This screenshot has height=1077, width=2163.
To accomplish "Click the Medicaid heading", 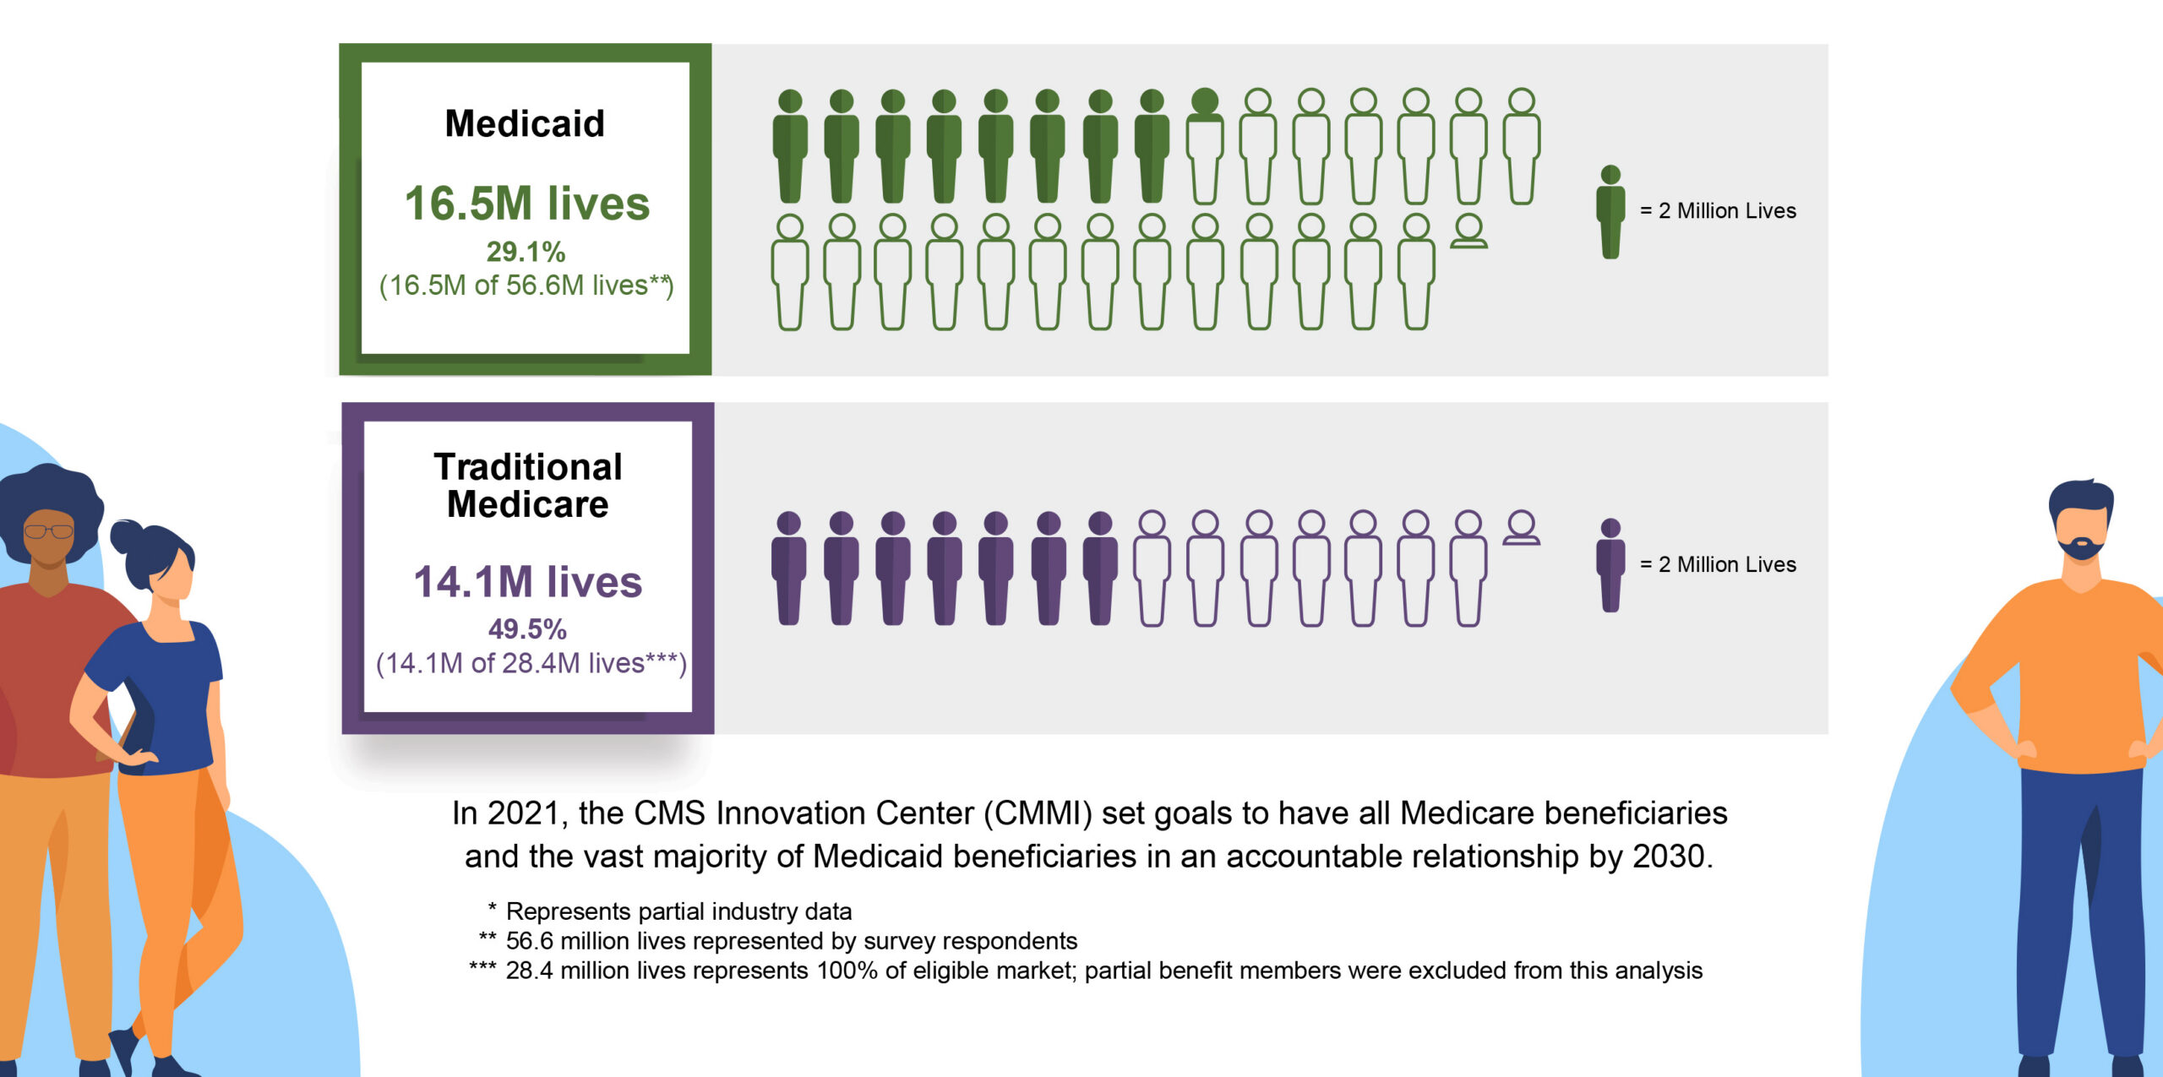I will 525,124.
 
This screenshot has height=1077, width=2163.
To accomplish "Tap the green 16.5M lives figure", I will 527,204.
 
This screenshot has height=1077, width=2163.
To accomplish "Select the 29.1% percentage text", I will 526,252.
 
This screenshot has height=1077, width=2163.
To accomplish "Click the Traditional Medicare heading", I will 528,486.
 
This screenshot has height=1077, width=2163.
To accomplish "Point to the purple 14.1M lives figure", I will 528,582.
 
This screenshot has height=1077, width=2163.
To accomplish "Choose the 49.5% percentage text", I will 527,629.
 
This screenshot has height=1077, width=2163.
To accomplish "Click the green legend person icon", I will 1610,211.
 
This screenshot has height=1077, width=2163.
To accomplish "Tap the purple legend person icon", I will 1610,565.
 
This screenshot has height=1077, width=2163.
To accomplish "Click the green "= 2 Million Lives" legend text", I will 1718,211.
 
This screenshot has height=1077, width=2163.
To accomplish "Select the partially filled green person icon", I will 1204,145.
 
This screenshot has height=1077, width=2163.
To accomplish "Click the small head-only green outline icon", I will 1468,231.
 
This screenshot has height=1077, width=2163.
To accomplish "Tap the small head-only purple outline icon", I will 1521,528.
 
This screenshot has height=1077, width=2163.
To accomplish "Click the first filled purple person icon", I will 788,568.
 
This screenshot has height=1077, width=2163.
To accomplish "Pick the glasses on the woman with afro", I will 48,531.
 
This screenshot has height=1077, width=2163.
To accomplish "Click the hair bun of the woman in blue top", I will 127,536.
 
